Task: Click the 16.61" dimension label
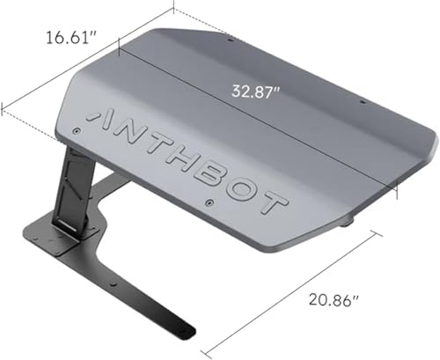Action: (x=71, y=38)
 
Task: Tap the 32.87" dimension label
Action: (x=256, y=92)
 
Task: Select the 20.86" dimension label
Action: (x=334, y=300)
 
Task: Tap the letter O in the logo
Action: (x=246, y=193)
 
